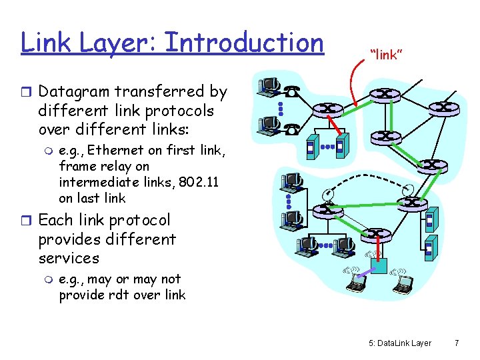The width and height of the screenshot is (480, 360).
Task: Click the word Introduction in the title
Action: [x=243, y=43]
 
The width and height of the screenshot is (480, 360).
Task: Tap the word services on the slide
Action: [x=69, y=258]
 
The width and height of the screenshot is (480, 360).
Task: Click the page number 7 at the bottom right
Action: [x=456, y=343]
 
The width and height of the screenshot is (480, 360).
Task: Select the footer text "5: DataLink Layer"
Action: [x=399, y=343]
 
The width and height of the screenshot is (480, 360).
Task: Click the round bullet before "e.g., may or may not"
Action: [x=47, y=279]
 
